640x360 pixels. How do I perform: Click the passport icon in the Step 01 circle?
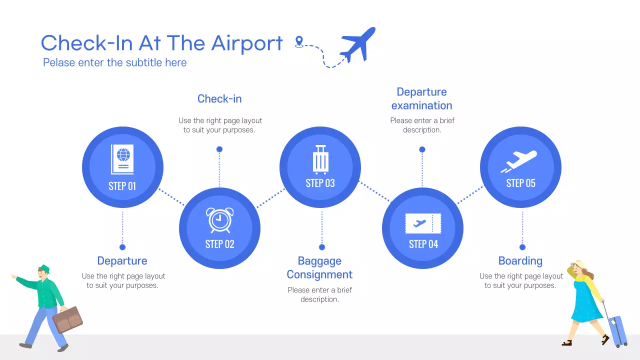click(122, 159)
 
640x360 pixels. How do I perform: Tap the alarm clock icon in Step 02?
click(219, 220)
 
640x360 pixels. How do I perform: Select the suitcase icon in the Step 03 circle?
click(320, 159)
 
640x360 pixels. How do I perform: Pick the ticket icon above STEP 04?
click(423, 223)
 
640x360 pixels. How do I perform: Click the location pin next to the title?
click(299, 42)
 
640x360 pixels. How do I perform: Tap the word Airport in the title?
click(246, 43)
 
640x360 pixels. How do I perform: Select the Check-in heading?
click(219, 99)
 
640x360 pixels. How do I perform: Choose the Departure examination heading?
click(421, 98)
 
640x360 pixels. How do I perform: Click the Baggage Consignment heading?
click(319, 267)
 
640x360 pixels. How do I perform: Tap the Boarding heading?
click(520, 261)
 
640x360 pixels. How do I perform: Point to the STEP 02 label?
click(219, 244)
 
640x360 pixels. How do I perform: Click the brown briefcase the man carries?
click(67, 319)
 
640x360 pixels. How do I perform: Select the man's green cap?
click(44, 268)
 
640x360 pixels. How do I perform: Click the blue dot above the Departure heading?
click(122, 247)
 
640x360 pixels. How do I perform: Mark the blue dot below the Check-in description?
click(219, 149)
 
